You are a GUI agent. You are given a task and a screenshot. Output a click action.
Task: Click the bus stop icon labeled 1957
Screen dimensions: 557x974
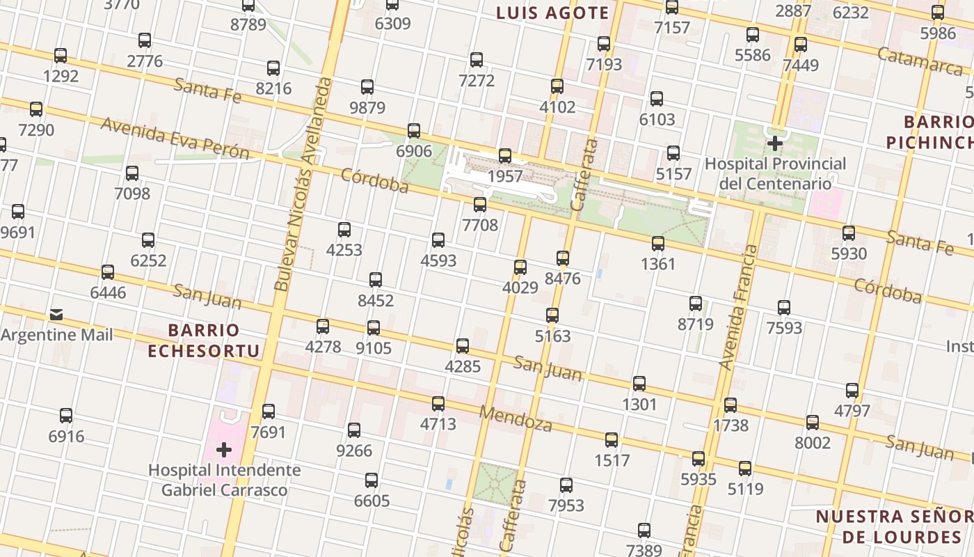pyautogui.click(x=505, y=156)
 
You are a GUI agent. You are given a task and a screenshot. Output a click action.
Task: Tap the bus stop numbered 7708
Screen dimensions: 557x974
pyautogui.click(x=479, y=205)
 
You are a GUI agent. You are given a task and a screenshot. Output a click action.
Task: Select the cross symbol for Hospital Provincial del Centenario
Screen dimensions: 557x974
pyautogui.click(x=774, y=144)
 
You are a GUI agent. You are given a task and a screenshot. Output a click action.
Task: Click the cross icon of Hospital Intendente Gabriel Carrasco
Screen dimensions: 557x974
pyautogui.click(x=223, y=450)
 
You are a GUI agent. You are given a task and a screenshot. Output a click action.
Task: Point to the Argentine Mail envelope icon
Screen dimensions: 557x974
pyautogui.click(x=56, y=315)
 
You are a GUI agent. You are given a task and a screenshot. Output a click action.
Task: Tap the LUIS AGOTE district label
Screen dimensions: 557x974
pyautogui.click(x=552, y=13)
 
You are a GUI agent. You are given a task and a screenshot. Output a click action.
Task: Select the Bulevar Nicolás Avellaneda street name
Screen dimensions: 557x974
pyautogui.click(x=303, y=185)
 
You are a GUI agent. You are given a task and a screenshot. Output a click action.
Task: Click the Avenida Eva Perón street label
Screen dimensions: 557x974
pyautogui.click(x=175, y=138)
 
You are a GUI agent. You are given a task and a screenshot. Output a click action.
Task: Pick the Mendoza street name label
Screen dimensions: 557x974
pyautogui.click(x=516, y=418)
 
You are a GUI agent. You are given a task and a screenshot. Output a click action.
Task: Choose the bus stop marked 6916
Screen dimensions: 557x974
pyautogui.click(x=66, y=416)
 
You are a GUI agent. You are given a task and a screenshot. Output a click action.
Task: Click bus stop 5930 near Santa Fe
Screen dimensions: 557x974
pyautogui.click(x=848, y=233)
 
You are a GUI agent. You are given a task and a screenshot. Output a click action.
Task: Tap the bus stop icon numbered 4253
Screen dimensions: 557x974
pyautogui.click(x=344, y=230)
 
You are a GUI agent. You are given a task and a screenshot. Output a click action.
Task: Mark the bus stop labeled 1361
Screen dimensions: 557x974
pyautogui.click(x=657, y=244)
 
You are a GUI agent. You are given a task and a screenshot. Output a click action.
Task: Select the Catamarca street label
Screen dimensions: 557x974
pyautogui.click(x=920, y=61)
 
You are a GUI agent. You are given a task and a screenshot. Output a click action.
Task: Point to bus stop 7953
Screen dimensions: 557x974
pyautogui.click(x=566, y=485)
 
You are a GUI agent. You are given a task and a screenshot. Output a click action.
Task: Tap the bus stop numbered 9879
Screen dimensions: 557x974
pyautogui.click(x=367, y=87)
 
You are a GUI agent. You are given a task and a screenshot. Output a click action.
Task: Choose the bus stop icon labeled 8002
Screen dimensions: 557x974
pyautogui.click(x=812, y=423)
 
